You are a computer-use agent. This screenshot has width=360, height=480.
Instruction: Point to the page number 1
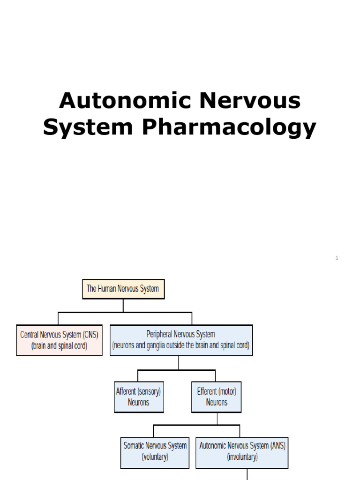337,258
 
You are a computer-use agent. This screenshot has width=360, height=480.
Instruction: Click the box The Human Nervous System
123,289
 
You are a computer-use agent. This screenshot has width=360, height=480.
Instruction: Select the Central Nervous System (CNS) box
59,340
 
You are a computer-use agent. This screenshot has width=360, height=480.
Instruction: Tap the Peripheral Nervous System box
181,340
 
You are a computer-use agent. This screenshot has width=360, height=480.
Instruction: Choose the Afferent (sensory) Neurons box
139,397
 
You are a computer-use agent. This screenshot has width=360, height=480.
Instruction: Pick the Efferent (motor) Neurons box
217,397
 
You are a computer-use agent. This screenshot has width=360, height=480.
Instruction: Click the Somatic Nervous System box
155,451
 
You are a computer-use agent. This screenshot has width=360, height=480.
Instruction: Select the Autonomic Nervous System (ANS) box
242,451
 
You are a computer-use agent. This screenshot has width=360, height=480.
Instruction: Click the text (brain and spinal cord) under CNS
59,346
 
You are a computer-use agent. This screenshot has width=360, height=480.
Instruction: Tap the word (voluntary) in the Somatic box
155,457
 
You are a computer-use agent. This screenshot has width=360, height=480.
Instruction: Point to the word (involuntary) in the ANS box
242,457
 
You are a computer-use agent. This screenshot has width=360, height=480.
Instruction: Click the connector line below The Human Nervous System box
123,306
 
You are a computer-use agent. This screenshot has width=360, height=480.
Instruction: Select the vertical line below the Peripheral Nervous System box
179,363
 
